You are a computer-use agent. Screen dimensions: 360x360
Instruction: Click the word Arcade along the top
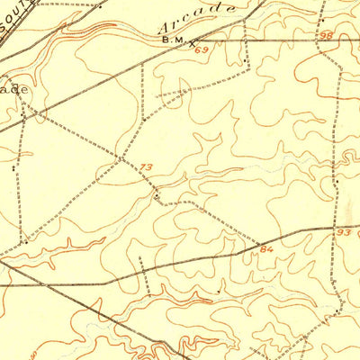click(x=195, y=21)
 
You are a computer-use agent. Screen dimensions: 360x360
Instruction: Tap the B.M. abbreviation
click(x=171, y=40)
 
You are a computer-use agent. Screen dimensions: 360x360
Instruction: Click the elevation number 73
click(x=147, y=167)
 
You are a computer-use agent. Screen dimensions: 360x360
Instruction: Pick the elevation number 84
click(x=265, y=247)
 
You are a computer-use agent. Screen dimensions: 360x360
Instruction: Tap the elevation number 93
click(x=344, y=232)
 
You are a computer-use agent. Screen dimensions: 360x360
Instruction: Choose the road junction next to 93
click(x=334, y=228)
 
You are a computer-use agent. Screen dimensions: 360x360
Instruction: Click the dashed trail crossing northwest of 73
click(x=123, y=159)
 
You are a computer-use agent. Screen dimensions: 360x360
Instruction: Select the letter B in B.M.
click(x=165, y=40)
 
